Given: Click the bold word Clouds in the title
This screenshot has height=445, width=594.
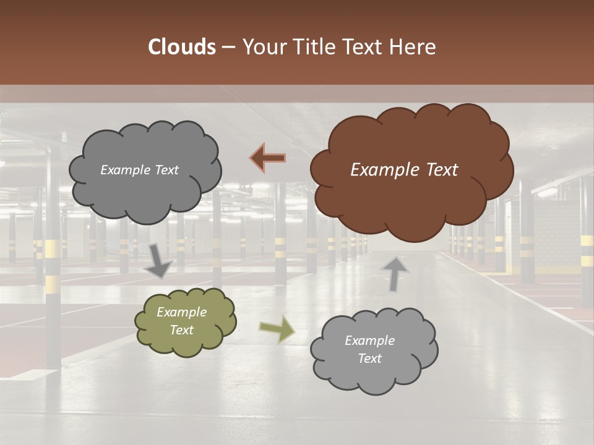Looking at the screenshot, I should (x=181, y=47).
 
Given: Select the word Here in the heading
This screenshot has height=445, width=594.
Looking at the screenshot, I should (x=413, y=47).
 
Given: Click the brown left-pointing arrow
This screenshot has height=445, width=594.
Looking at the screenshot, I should (x=268, y=158).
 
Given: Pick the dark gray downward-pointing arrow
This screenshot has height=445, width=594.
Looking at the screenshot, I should (x=158, y=260).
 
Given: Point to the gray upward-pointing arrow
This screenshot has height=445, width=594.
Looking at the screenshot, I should (x=394, y=273).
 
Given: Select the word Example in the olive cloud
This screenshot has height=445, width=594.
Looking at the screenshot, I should (x=181, y=312).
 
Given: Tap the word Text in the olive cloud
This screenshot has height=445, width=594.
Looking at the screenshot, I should (x=181, y=330).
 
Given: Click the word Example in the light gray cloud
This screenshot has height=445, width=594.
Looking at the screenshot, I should (x=369, y=341).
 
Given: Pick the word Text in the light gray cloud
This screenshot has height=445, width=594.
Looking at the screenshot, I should (x=369, y=358).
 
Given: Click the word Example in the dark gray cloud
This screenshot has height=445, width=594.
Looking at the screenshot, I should (x=125, y=170).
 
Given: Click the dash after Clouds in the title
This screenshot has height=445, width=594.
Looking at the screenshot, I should (x=228, y=48).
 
